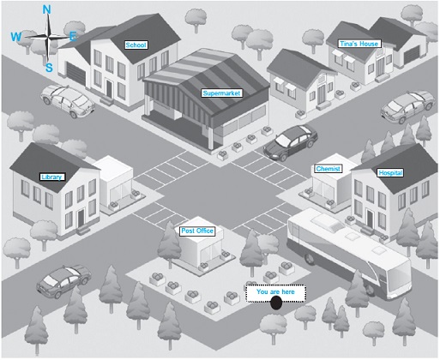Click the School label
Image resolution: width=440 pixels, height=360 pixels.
click(136, 45)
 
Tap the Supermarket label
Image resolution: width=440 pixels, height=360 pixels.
click(222, 93)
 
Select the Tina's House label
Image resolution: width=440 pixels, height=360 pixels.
click(359, 44)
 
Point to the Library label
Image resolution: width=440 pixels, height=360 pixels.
click(52, 177)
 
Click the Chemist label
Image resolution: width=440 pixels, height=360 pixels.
click(328, 169)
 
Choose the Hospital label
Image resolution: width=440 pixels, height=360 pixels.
click(390, 173)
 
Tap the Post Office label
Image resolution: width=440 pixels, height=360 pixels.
click(197, 231)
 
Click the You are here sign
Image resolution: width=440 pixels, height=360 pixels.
click(275, 293)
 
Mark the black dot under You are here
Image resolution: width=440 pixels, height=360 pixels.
click(276, 303)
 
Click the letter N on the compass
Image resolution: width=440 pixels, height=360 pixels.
click(47, 10)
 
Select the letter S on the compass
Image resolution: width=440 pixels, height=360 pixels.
click(49, 68)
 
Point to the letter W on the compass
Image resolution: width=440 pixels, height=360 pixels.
click(16, 37)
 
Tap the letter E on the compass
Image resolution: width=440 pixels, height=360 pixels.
click(74, 36)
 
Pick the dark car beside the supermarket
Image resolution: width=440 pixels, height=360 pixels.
click(291, 142)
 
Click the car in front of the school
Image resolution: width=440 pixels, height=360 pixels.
click(68, 101)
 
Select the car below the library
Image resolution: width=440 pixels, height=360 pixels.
click(63, 281)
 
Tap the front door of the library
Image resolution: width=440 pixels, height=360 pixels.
click(81, 218)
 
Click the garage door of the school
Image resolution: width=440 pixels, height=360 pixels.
click(76, 73)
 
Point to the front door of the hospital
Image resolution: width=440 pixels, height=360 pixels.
click(371, 219)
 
